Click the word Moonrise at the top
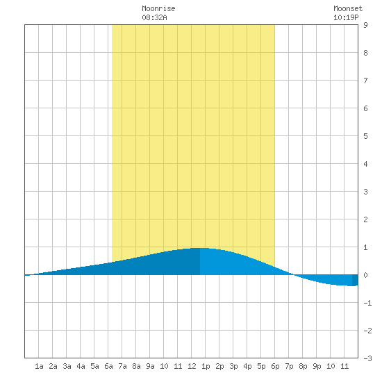click(158, 8)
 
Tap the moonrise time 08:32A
click(154, 17)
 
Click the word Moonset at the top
click(348, 8)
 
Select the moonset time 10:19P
click(346, 17)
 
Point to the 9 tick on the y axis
click(365, 25)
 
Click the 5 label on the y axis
click(365, 136)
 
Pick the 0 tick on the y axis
click(365, 275)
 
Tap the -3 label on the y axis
click(367, 358)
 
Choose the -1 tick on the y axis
click(367, 303)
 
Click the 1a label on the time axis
click(39, 366)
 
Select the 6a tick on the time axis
click(108, 366)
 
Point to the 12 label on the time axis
click(192, 366)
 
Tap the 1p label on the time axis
click(206, 366)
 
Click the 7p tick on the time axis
click(289, 366)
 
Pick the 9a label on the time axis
click(150, 366)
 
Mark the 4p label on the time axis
click(247, 366)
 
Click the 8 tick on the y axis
click(365, 53)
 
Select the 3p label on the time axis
click(233, 366)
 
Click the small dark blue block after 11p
click(355, 280)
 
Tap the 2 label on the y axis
click(365, 219)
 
